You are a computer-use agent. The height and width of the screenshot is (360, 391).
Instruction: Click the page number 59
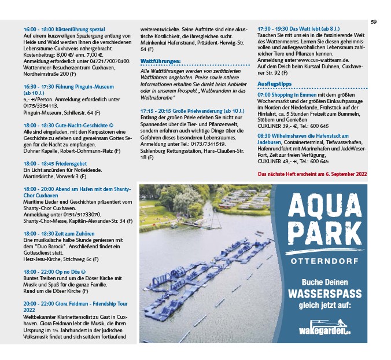coord(374,21)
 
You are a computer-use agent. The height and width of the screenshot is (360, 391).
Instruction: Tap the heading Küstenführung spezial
coord(64,28)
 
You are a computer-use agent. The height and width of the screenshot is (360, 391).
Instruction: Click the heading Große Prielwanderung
coord(191,111)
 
